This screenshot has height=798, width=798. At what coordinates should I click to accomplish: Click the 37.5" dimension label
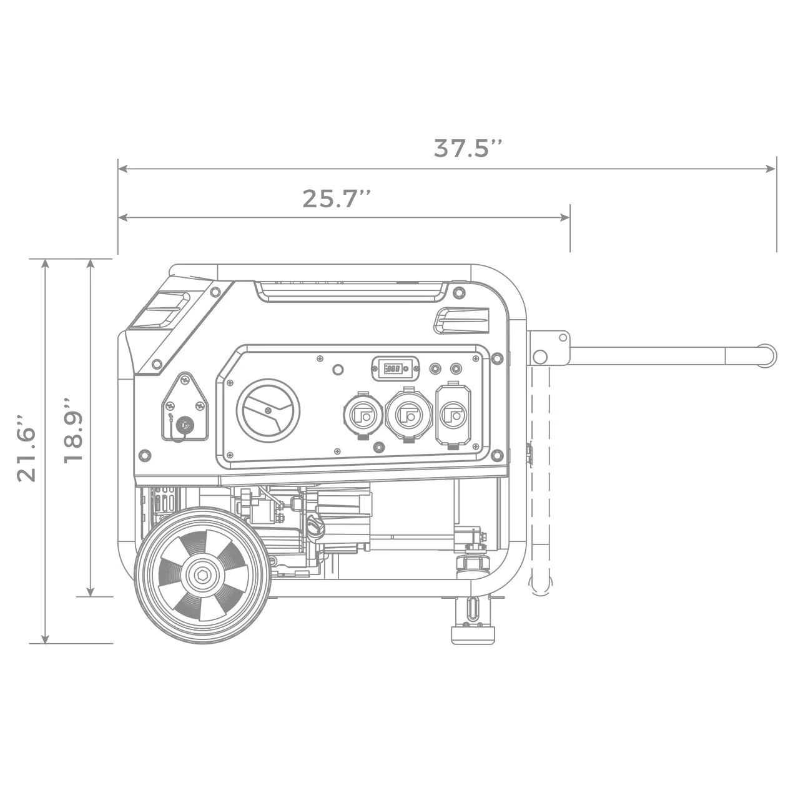point(468,149)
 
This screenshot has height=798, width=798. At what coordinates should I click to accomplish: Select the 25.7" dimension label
point(337,199)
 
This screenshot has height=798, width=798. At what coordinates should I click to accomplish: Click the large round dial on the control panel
point(268,410)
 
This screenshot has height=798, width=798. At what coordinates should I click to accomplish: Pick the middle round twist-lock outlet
point(409,414)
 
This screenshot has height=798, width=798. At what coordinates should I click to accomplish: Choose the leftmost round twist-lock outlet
point(363,415)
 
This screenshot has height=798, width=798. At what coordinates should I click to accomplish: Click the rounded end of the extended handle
point(768,355)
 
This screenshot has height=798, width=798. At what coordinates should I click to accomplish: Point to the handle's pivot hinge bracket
point(548,348)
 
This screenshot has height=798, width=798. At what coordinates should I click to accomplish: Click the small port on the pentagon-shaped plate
point(184,426)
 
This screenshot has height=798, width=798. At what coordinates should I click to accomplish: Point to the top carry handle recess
point(352,291)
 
